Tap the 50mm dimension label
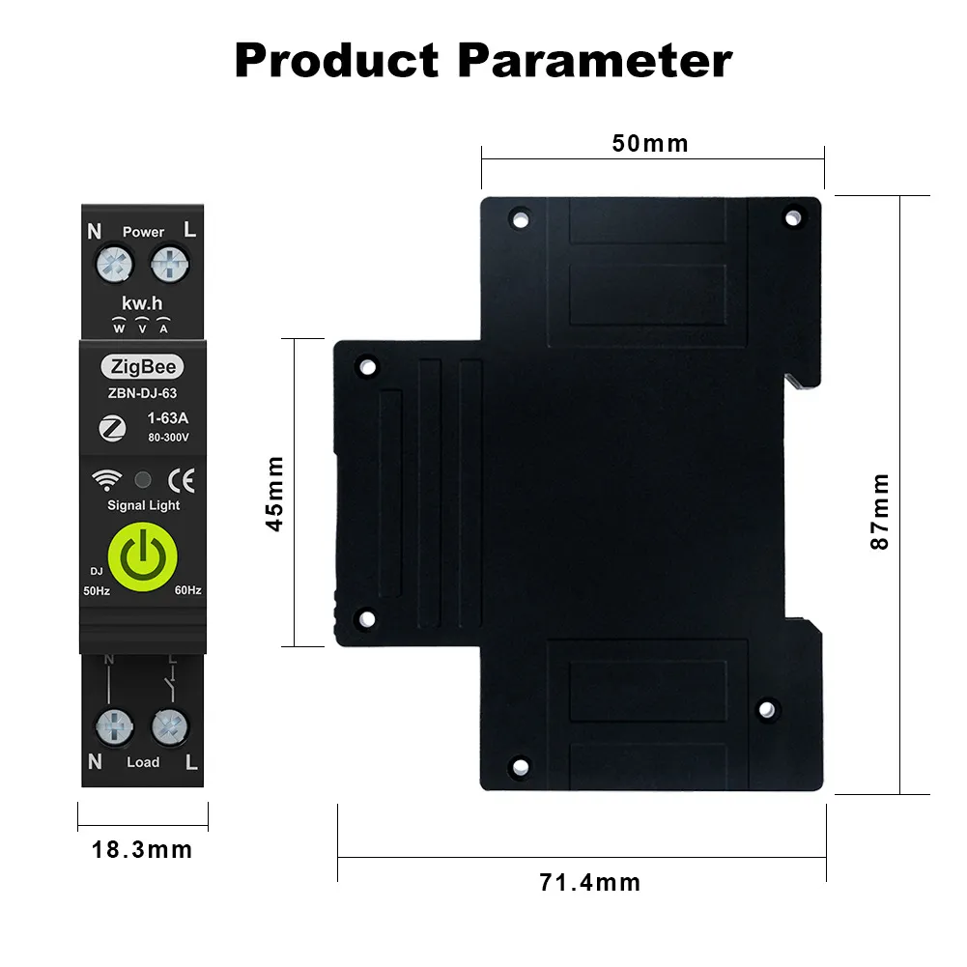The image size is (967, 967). pyautogui.click(x=650, y=144)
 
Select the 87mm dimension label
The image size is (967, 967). pyautogui.click(x=879, y=511)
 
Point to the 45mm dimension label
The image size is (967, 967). pyautogui.click(x=275, y=493)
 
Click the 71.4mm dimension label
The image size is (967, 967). pyautogui.click(x=589, y=882)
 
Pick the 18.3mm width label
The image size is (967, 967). pyautogui.click(x=142, y=850)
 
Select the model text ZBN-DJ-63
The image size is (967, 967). pyautogui.click(x=142, y=393)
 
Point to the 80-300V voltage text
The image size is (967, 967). pyautogui.click(x=168, y=437)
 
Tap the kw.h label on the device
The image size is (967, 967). pyautogui.click(x=142, y=303)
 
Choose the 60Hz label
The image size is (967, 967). pyautogui.click(x=187, y=589)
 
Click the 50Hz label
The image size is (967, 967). pyautogui.click(x=97, y=589)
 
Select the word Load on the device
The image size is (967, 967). pyautogui.click(x=143, y=762)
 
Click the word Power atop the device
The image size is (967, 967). pyautogui.click(x=143, y=232)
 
